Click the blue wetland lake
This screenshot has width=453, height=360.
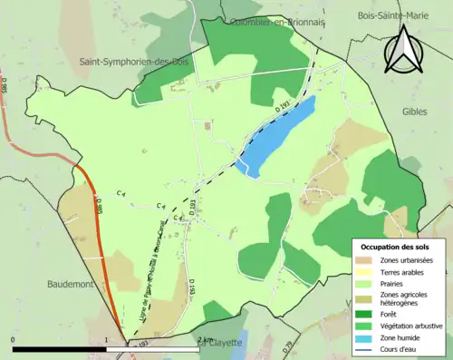pyautogui.click(x=275, y=135)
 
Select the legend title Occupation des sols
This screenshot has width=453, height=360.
pyautogui.click(x=395, y=247)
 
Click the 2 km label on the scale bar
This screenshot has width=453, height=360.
pyautogui.click(x=205, y=340)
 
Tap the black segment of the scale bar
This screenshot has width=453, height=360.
pyautogui.click(x=60, y=349)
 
